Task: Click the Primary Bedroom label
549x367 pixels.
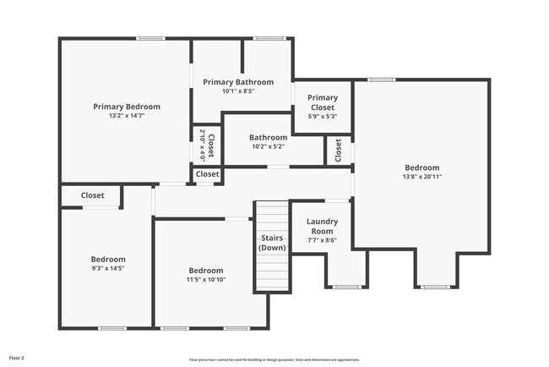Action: click(127, 107)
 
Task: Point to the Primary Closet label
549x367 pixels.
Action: click(322, 102)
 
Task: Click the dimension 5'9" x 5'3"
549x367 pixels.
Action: click(322, 117)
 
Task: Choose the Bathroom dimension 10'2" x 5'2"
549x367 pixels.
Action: click(268, 146)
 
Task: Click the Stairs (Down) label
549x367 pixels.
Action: click(272, 243)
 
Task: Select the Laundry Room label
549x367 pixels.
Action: click(321, 227)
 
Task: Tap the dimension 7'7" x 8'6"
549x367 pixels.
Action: click(321, 240)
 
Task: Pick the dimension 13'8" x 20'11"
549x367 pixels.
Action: click(421, 177)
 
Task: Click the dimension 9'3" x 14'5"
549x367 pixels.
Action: click(108, 268)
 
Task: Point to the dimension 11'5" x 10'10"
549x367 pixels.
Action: click(206, 280)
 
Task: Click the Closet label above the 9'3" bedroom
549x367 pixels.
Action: click(93, 195)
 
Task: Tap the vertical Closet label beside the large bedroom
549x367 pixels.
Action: click(338, 151)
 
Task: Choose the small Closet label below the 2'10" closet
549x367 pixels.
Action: click(207, 174)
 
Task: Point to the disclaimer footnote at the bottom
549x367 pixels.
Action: click(274, 359)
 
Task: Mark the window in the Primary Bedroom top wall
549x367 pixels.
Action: click(150, 38)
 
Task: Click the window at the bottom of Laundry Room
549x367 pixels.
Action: click(346, 288)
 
